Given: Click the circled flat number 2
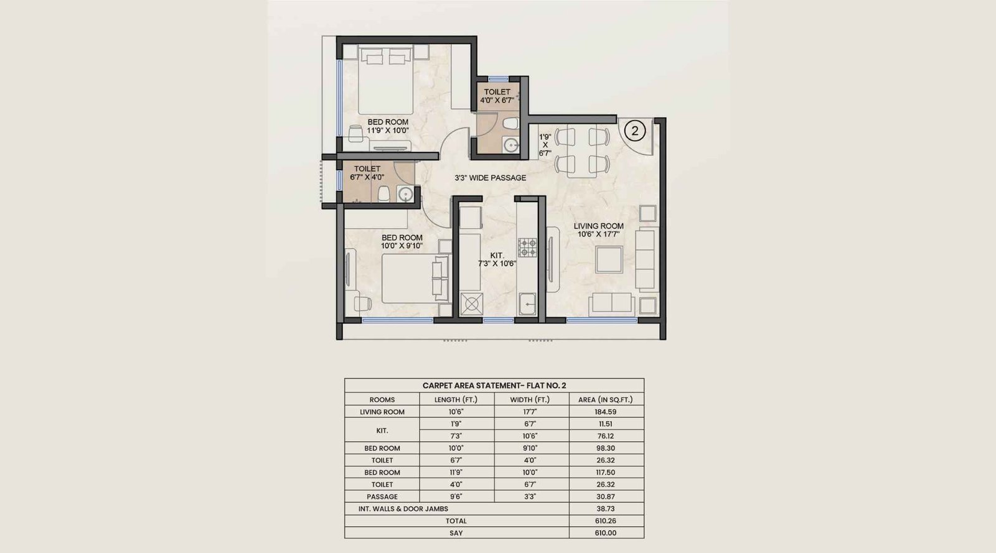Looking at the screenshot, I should tap(635, 131).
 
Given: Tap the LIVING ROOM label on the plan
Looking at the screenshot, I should tap(598, 230).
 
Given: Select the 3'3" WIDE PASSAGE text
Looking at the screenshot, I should tap(490, 178).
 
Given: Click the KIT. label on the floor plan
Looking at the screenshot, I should tap(497, 259).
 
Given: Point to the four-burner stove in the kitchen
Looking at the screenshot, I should tap(528, 248).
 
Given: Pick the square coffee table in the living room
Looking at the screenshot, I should tap(608, 259).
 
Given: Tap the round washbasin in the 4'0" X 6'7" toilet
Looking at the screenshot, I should tap(511, 145).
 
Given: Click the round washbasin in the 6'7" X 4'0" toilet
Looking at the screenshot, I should tap(406, 195).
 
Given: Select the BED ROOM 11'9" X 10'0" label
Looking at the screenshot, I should tap(388, 126).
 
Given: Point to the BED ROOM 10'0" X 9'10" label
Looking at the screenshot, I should tap(402, 241).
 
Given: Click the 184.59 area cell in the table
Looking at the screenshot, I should tap(606, 412).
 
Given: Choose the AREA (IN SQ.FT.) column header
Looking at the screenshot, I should tap(606, 399).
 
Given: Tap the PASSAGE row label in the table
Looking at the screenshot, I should tap(382, 496).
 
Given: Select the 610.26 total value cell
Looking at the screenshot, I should tap(606, 521).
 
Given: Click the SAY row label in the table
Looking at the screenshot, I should tap(456, 533).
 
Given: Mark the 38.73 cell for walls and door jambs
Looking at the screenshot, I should tap(606, 509).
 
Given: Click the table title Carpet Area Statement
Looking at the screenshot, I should tap(494, 386).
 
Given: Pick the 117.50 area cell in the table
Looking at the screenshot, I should tap(606, 472).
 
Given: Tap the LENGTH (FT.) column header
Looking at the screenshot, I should tap(456, 399).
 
